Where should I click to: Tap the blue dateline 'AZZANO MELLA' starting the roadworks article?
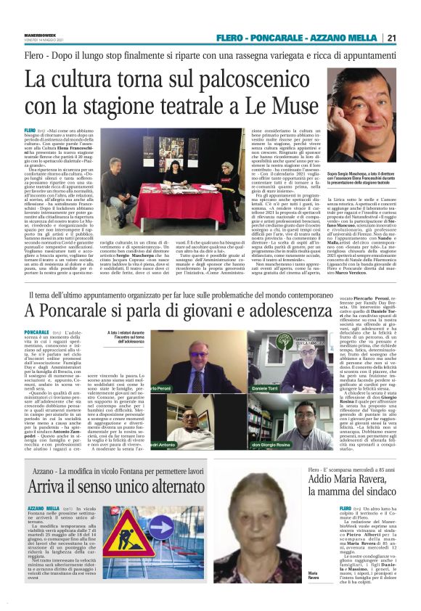click(43, 509)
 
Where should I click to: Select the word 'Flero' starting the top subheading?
click(35, 55)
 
